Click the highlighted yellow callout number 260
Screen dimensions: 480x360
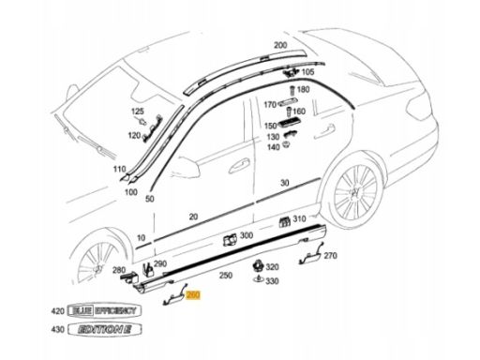(x=193, y=294)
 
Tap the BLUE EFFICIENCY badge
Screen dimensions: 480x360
(x=104, y=310)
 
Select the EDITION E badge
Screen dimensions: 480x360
(x=105, y=329)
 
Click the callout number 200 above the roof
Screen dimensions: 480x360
(x=280, y=45)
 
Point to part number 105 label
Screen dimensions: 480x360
(x=307, y=72)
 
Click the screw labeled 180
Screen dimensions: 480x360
(x=292, y=90)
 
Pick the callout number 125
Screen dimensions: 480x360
(x=137, y=112)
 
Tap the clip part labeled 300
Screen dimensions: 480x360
(x=230, y=240)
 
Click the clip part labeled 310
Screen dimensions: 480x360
(x=284, y=221)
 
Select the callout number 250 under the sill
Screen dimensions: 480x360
(x=226, y=276)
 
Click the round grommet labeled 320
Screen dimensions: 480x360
(x=258, y=265)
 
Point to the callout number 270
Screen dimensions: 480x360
(x=330, y=256)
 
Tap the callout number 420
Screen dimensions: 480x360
(x=58, y=311)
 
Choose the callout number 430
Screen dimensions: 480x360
(x=58, y=329)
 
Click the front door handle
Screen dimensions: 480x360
(x=239, y=166)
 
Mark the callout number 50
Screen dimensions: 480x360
(x=150, y=199)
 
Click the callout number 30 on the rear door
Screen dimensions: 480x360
(x=285, y=183)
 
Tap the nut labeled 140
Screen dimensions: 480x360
(x=286, y=144)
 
